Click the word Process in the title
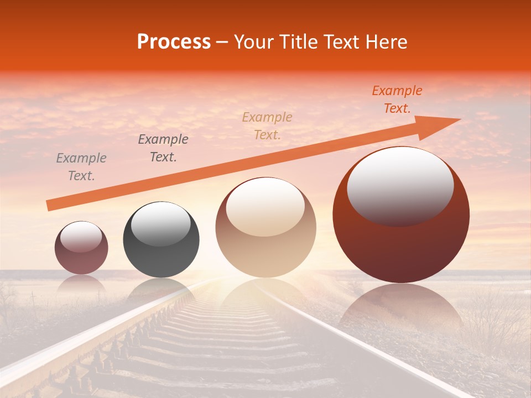pyautogui.click(x=174, y=42)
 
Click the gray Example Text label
pyautogui.click(x=81, y=167)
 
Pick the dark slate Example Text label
pyautogui.click(x=163, y=148)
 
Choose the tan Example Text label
pyautogui.click(x=267, y=126)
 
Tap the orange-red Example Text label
pyautogui.click(x=397, y=99)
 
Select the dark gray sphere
pyautogui.click(x=161, y=260)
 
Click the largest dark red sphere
pyautogui.click(x=401, y=249)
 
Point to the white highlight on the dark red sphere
pyautogui.click(x=400, y=185)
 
